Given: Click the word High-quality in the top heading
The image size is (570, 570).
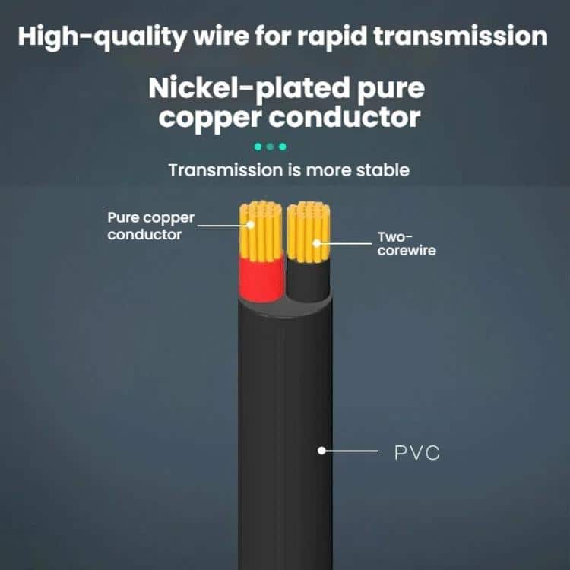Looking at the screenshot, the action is coord(102,37).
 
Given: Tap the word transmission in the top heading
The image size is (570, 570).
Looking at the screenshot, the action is coord(461,36).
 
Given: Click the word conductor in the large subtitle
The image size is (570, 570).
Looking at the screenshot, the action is coord(344,117).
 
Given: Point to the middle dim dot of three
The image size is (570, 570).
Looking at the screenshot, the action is coord(270,147).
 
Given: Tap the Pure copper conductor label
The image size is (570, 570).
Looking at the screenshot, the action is coord(150,226).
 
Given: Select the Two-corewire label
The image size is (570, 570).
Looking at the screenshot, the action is coord(407,243).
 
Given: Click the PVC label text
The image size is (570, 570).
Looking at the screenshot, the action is coord(417,453).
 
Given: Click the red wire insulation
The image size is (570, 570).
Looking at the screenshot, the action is coord(261,279).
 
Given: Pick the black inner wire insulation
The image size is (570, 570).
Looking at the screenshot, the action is coord(309,279).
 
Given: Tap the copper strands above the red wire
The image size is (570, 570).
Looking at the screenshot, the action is coord(261,230).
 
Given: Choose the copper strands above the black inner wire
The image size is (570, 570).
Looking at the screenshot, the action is coord(309,232).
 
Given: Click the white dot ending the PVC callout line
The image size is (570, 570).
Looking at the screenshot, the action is coord(321,451).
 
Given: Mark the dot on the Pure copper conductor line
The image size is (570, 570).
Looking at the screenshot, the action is coord(251,225).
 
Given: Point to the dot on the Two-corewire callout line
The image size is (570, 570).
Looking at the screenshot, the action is coord(317,243).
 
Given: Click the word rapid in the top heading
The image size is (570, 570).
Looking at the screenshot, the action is coord(332,37).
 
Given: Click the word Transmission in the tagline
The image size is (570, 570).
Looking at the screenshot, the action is coord(226,170).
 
